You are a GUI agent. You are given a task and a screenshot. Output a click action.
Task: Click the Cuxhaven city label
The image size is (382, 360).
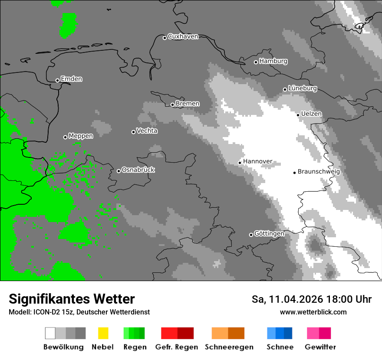click(183, 36)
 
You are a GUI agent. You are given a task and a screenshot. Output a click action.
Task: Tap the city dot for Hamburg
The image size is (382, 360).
click(256, 62)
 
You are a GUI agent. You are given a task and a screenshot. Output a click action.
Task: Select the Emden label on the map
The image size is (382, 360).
click(71, 79)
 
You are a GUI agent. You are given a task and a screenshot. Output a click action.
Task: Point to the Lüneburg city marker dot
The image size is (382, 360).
click(285, 89)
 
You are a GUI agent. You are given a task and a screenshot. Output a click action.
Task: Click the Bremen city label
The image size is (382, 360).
click(188, 104)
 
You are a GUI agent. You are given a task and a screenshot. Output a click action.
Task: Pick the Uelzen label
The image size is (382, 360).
click(311, 114)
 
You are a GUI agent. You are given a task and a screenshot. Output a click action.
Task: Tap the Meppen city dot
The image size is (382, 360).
click(65, 137)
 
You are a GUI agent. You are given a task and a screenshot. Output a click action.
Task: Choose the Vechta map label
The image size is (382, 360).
click(147, 131)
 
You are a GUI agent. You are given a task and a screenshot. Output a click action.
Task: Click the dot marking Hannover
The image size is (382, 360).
click(240, 163)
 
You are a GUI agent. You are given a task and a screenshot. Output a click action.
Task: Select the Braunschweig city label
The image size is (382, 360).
click(319, 172)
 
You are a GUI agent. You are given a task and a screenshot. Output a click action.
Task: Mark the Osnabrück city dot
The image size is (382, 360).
click(119, 171)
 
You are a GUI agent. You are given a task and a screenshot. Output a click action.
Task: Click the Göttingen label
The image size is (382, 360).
click(269, 234)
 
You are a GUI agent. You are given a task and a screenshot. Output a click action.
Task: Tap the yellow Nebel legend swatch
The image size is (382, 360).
click(103, 333)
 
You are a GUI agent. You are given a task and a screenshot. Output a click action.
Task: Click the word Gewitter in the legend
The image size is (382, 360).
click(320, 347)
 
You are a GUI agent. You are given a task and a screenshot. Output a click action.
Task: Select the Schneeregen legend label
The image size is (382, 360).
click(229, 347)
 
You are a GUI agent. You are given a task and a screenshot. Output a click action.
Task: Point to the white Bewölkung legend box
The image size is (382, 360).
click(50, 333)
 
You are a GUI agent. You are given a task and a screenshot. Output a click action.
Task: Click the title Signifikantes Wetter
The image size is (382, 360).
click(72, 299)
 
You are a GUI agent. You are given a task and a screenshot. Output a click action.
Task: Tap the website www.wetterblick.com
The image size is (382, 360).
click(313, 312)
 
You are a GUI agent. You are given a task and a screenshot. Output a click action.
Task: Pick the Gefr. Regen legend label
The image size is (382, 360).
click(176, 347)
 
